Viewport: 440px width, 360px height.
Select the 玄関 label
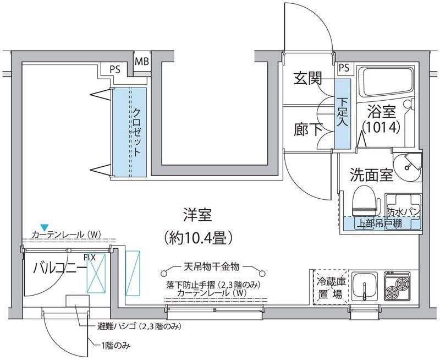click(x=307, y=79)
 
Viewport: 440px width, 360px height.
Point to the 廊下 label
click(x=307, y=130)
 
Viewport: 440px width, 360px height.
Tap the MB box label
click(x=142, y=61)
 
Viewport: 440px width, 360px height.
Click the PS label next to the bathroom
click(x=344, y=68)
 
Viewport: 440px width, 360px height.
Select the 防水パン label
click(x=404, y=211)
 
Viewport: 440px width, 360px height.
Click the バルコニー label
click(x=59, y=269)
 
